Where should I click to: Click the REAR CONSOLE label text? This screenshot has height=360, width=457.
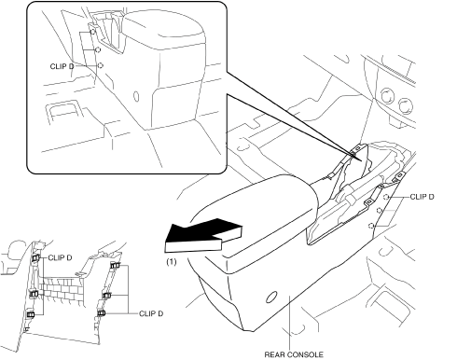click(x=294, y=354)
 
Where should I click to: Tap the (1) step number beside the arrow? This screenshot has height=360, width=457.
click(x=172, y=262)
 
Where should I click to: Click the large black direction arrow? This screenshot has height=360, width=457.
click(x=203, y=235)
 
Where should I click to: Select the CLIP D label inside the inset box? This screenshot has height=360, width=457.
click(x=62, y=66)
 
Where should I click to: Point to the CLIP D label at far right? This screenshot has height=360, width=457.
click(x=422, y=197)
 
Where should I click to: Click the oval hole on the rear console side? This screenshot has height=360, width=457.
click(x=271, y=298)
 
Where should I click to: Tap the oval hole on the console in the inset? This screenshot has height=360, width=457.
click(x=136, y=96)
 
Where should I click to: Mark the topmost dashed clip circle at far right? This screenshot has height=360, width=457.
click(x=386, y=197)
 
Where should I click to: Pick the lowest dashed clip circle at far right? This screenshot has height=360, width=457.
click(x=370, y=226)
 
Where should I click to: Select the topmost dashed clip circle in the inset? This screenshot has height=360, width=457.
click(x=92, y=32)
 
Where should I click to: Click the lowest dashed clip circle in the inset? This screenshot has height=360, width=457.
click(x=100, y=65)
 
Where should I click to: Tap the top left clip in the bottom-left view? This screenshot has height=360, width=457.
click(x=36, y=257)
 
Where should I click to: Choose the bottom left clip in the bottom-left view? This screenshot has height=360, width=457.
click(x=31, y=314)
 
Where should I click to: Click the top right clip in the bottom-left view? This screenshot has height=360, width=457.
click(x=116, y=265)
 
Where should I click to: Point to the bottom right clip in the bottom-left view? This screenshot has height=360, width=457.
click(x=102, y=312)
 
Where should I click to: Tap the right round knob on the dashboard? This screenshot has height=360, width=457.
click(x=406, y=105)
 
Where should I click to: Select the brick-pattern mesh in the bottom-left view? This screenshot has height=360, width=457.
click(x=62, y=289)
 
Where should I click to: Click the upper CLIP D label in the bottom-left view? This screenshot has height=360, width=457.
click(x=60, y=257)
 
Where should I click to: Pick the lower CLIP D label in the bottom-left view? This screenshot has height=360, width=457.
click(x=151, y=313)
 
